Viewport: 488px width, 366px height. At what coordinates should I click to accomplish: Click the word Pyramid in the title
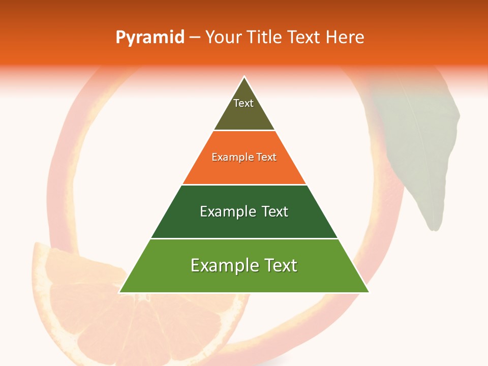point(150,37)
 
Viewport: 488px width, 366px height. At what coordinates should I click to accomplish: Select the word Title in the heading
point(266,37)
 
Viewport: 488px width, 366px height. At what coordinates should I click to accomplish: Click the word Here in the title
point(345,37)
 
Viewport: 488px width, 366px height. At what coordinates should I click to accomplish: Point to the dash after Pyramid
point(195,38)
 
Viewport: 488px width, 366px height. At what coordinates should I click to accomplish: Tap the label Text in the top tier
point(243,103)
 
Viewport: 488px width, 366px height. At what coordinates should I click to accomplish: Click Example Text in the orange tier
point(244,157)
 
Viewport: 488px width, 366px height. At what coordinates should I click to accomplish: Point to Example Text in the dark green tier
point(244,211)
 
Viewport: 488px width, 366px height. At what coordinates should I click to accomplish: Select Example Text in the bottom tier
point(244,265)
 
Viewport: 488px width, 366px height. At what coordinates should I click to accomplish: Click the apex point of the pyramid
point(245,77)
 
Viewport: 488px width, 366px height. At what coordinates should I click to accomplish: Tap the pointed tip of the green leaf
point(434,229)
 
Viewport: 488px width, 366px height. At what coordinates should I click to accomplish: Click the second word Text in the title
point(304,37)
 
